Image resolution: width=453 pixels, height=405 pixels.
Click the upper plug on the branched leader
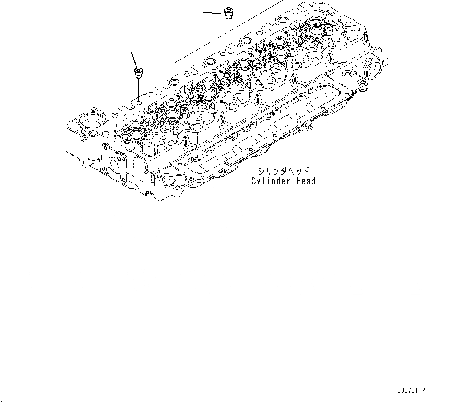tap(229, 12)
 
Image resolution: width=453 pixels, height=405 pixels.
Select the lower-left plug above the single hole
tap(138, 73)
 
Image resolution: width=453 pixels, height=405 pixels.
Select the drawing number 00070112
tap(412, 390)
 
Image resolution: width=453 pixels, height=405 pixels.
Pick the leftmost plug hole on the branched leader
tap(175, 82)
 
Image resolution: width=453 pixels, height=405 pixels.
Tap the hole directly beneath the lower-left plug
tap(138, 103)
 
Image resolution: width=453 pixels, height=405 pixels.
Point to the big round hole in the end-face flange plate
tap(116, 165)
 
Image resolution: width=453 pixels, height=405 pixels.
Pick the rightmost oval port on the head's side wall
tap(330, 58)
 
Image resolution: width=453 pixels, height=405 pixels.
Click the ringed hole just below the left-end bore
tap(94, 134)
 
